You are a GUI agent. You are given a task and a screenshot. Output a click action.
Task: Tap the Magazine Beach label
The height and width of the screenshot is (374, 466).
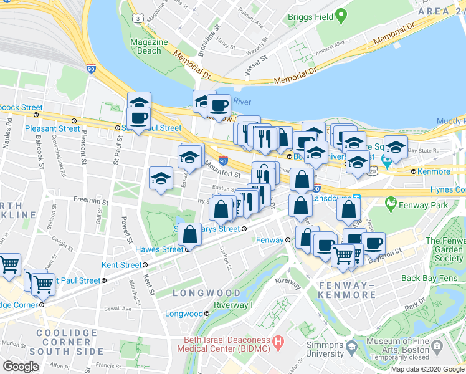point(149,46)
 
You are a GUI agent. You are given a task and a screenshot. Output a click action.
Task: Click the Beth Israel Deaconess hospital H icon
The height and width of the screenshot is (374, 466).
point(278,343)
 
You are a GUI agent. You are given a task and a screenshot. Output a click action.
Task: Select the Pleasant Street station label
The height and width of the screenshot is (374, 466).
point(53,128)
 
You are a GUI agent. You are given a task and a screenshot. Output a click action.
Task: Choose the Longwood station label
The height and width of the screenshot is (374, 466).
point(184,314)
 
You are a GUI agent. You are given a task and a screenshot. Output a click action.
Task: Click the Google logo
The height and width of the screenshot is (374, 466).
point(21,367)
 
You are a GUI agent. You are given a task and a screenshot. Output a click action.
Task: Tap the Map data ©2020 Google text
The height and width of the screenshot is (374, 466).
point(427,369)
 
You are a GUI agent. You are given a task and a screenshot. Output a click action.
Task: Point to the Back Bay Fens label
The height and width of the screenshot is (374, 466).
point(428,278)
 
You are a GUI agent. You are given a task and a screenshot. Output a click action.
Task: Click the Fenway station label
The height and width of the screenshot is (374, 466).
point(270,240)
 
